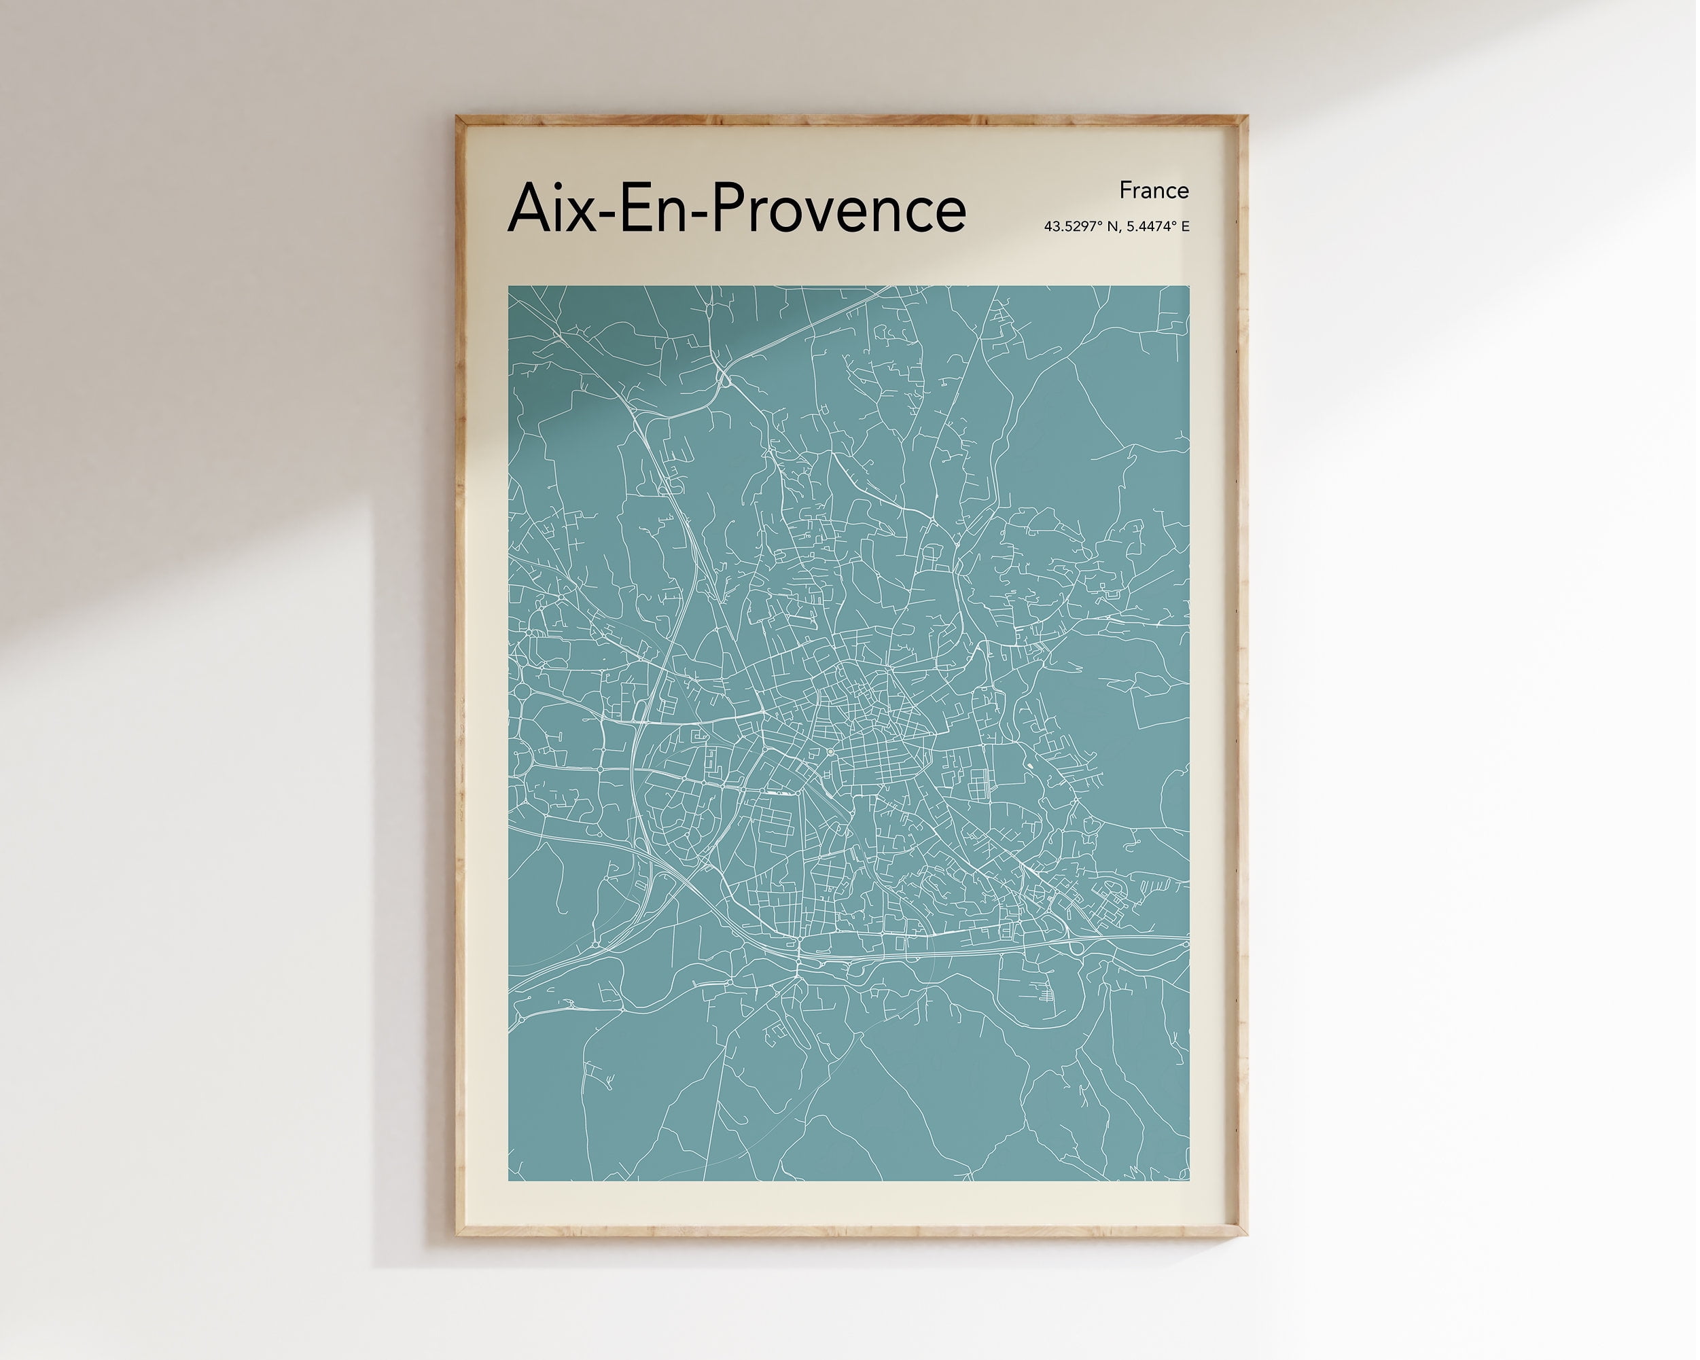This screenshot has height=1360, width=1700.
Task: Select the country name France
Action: click(1154, 191)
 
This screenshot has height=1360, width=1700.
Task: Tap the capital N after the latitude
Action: click(1112, 227)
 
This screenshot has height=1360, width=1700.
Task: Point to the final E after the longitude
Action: click(1185, 227)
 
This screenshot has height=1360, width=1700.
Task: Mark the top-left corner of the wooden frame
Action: click(457, 118)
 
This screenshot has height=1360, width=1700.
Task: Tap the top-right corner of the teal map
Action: click(1189, 287)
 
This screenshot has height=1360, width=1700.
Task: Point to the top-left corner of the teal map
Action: click(509, 287)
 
